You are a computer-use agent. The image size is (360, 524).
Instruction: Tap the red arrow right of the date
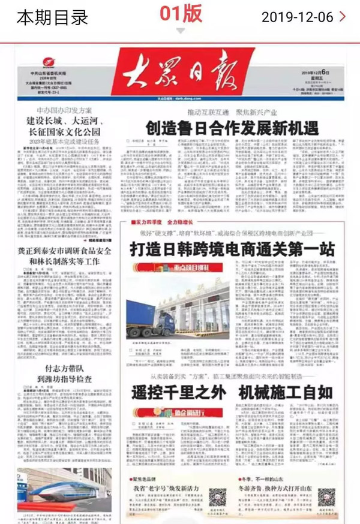[x=343, y=17]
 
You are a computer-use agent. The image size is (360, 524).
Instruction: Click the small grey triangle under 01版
[x=181, y=31]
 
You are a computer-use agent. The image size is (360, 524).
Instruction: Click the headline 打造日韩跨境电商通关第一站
[x=233, y=249]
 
